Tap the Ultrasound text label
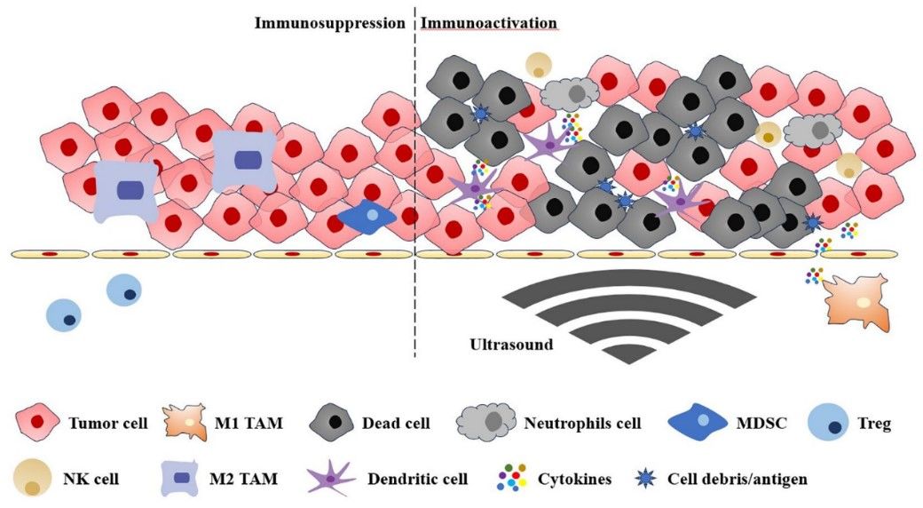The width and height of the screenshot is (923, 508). coord(509,345)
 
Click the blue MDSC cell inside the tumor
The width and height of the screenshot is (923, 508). coord(367,217)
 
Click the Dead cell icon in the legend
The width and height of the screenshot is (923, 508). coord(337,424)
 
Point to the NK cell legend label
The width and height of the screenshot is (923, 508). coord(96,480)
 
